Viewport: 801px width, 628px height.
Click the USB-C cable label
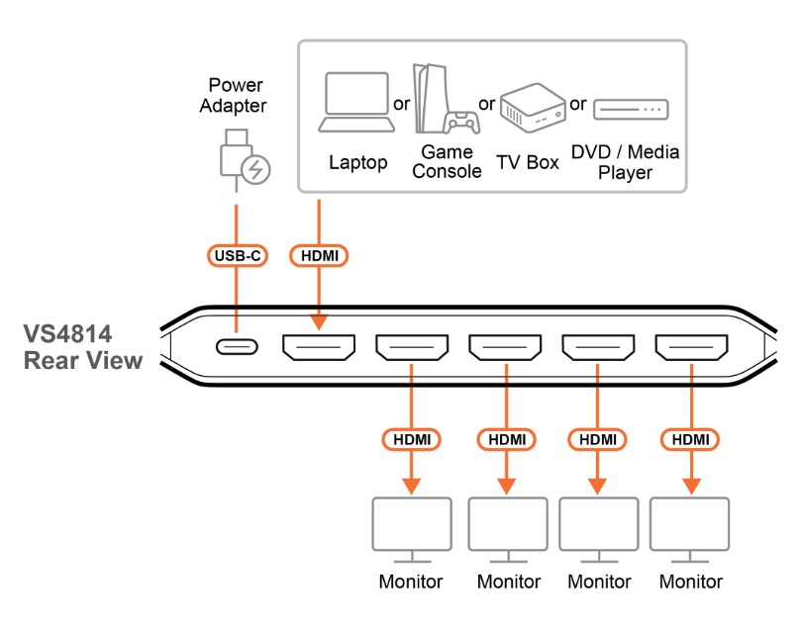pyautogui.click(x=237, y=256)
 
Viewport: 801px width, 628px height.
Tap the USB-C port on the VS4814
pyautogui.click(x=237, y=348)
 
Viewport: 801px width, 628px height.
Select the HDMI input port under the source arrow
pyautogui.click(x=319, y=348)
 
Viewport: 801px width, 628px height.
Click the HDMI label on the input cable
pyautogui.click(x=319, y=256)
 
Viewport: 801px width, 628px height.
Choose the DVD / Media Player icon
pyautogui.click(x=631, y=109)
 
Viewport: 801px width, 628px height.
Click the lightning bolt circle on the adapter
pyautogui.click(x=255, y=170)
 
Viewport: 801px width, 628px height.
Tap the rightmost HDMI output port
pyautogui.click(x=690, y=348)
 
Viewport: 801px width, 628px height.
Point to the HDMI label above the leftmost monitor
pyautogui.click(x=411, y=438)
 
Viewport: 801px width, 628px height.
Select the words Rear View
pyautogui.click(x=83, y=361)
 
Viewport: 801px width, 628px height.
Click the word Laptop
pyautogui.click(x=357, y=162)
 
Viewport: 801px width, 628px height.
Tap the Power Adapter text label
pyautogui.click(x=236, y=95)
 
